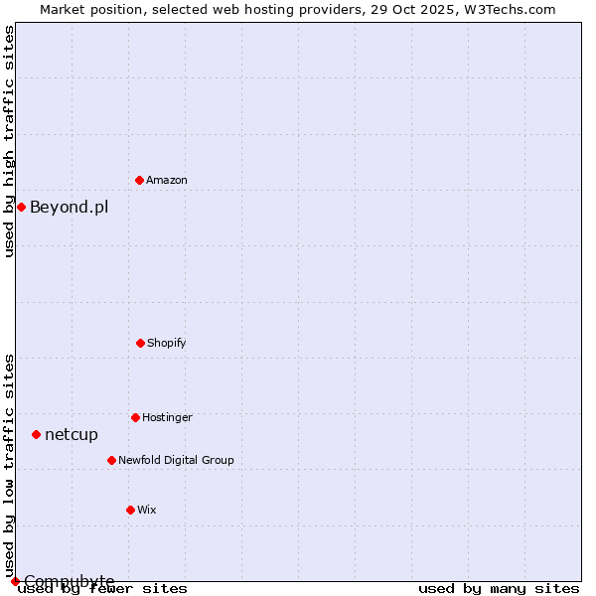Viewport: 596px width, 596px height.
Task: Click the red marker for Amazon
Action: click(x=139, y=180)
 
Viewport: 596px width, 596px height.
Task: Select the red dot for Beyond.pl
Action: click(x=21, y=207)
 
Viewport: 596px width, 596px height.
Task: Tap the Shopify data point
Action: click(x=140, y=343)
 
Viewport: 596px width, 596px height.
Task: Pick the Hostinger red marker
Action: click(x=135, y=417)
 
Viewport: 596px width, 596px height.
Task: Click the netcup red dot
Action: click(x=36, y=434)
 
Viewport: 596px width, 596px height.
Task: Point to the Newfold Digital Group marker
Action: click(x=111, y=460)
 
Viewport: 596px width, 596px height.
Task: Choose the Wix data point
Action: click(x=130, y=510)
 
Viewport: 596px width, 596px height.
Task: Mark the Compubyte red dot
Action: click(x=15, y=581)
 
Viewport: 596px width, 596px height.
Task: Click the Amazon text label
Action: click(x=167, y=180)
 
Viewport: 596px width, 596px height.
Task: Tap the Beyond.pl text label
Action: click(x=70, y=207)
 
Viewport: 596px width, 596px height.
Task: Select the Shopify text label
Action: click(x=167, y=343)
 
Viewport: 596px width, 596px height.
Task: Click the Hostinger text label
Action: click(x=167, y=417)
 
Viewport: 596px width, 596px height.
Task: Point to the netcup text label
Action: click(x=72, y=434)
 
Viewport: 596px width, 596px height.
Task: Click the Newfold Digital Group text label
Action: click(x=177, y=460)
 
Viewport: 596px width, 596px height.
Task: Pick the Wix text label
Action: click(x=147, y=510)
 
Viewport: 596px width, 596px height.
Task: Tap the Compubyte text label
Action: click(x=70, y=580)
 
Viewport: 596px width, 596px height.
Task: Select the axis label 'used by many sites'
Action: click(x=499, y=588)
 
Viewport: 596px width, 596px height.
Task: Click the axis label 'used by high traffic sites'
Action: click(x=10, y=141)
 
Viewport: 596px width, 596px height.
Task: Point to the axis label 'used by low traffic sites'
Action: click(x=10, y=465)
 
